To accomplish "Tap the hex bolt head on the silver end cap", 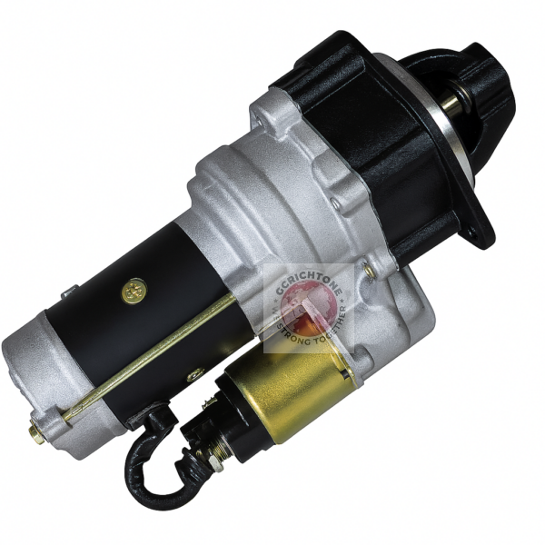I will pos(37,434).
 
